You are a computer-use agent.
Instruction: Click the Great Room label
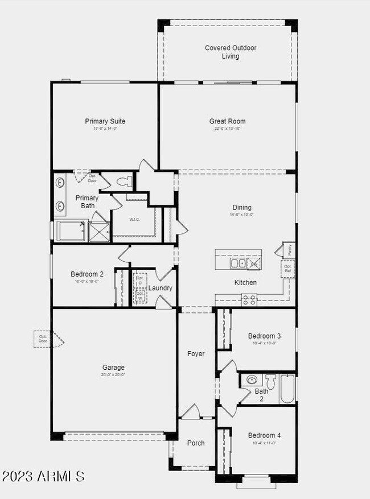227,121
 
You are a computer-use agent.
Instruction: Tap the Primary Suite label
105,121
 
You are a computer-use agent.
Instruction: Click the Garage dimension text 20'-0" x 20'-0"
113,374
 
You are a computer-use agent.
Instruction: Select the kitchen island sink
237,264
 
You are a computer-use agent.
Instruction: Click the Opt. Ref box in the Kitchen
288,269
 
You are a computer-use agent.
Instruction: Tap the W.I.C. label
135,219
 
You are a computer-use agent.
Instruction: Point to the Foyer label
196,354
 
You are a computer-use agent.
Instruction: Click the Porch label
196,443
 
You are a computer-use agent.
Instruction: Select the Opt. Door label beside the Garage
43,338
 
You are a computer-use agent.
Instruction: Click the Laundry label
161,288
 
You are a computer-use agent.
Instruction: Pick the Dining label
241,208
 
